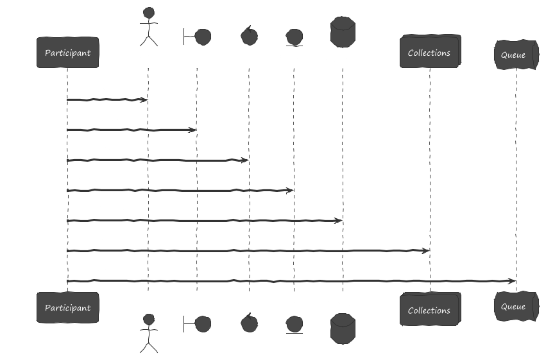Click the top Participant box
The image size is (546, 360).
pos(68,52)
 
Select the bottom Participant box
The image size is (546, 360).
pos(68,307)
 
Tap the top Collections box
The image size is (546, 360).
pos(431,51)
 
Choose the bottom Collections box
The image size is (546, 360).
pos(431,309)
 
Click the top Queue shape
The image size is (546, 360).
pos(516,55)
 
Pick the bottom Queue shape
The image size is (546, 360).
pos(516,306)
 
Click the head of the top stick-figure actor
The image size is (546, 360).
pos(149,13)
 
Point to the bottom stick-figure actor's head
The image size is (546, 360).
pos(149,320)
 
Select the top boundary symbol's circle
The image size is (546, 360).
pos(203,37)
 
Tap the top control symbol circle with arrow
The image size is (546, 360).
pos(250,36)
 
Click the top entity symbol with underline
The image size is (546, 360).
pos(294,38)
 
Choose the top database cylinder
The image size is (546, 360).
pos(343,32)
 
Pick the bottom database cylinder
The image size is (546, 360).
pos(343,329)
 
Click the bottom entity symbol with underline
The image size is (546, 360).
pos(294,325)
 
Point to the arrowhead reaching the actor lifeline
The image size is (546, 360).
pos(144,100)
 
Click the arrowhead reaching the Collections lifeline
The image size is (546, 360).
pos(425,251)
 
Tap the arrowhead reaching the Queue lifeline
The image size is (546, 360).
pos(512,281)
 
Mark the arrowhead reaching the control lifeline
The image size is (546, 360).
pos(245,160)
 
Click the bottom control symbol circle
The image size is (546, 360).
pos(250,323)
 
